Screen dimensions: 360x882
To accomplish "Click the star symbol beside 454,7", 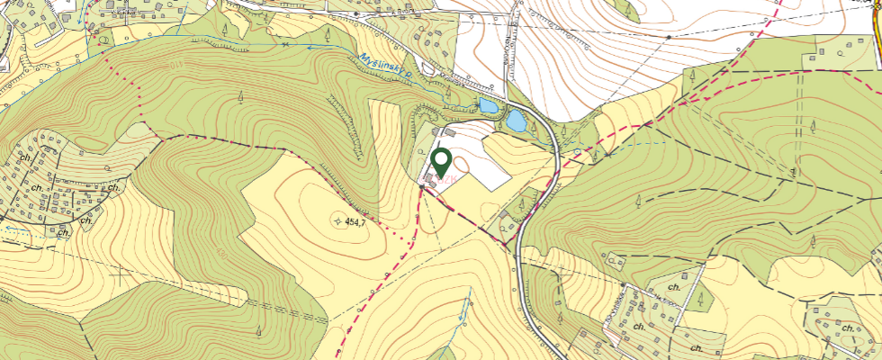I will click(337, 220).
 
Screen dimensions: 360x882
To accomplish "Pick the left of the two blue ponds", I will click(487, 106).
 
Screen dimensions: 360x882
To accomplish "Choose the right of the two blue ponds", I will click(516, 120).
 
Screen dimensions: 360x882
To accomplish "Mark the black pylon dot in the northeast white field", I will click(670, 37).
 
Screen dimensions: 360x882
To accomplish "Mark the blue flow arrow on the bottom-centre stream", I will click(465, 306).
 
